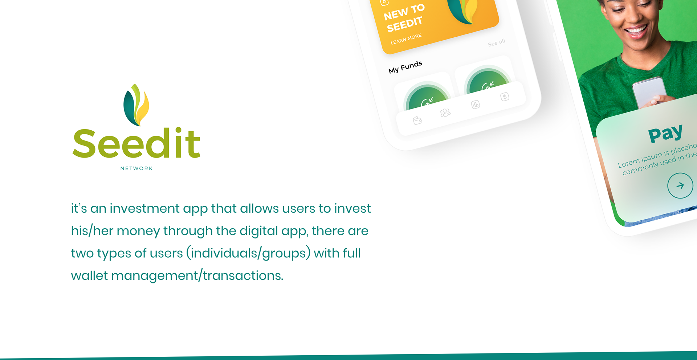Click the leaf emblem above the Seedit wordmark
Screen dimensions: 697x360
pyautogui.click(x=136, y=105)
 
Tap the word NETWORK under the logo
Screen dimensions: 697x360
pyautogui.click(x=136, y=168)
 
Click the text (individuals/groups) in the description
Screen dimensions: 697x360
pyautogui.click(x=248, y=253)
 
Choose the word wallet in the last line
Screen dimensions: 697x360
pyautogui.click(x=89, y=275)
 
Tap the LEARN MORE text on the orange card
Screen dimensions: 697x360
pyautogui.click(x=406, y=39)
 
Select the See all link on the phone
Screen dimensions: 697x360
pyautogui.click(x=497, y=43)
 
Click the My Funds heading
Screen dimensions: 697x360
pyautogui.click(x=405, y=67)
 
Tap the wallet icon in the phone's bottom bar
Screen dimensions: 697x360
pyautogui.click(x=417, y=120)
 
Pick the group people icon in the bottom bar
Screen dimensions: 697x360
pyautogui.click(x=445, y=113)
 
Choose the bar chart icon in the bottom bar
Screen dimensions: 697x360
pyautogui.click(x=476, y=105)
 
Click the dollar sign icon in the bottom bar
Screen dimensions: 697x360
pyautogui.click(x=505, y=97)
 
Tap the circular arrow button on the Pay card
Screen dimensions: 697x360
pyautogui.click(x=680, y=186)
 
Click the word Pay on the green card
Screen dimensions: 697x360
pyautogui.click(x=666, y=133)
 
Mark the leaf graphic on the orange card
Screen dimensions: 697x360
pyautogui.click(x=463, y=11)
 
